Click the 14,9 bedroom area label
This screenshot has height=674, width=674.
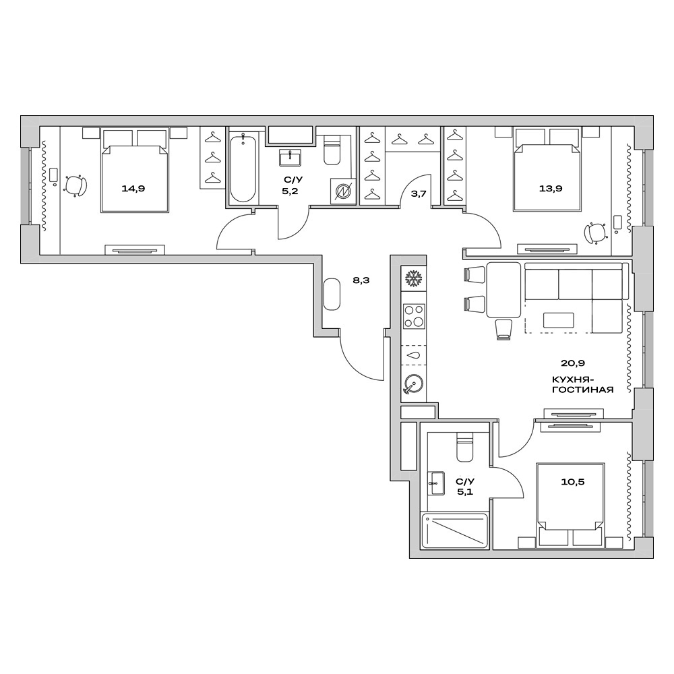pyautogui.click(x=133, y=188)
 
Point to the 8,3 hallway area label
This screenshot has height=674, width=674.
pyautogui.click(x=361, y=280)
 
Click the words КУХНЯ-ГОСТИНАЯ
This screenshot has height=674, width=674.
pyautogui.click(x=582, y=384)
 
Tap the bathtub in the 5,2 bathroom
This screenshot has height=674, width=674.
pyautogui.click(x=242, y=168)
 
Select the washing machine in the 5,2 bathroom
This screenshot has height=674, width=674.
pyautogui.click(x=342, y=191)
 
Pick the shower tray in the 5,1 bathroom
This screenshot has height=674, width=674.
pyautogui.click(x=454, y=530)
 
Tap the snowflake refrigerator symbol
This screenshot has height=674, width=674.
pyautogui.click(x=412, y=278)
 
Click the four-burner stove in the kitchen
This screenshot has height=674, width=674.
pyautogui.click(x=413, y=315)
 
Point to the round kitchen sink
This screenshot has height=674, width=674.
pyautogui.click(x=412, y=385)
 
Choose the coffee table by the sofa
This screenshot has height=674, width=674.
pyautogui.click(x=559, y=320)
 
